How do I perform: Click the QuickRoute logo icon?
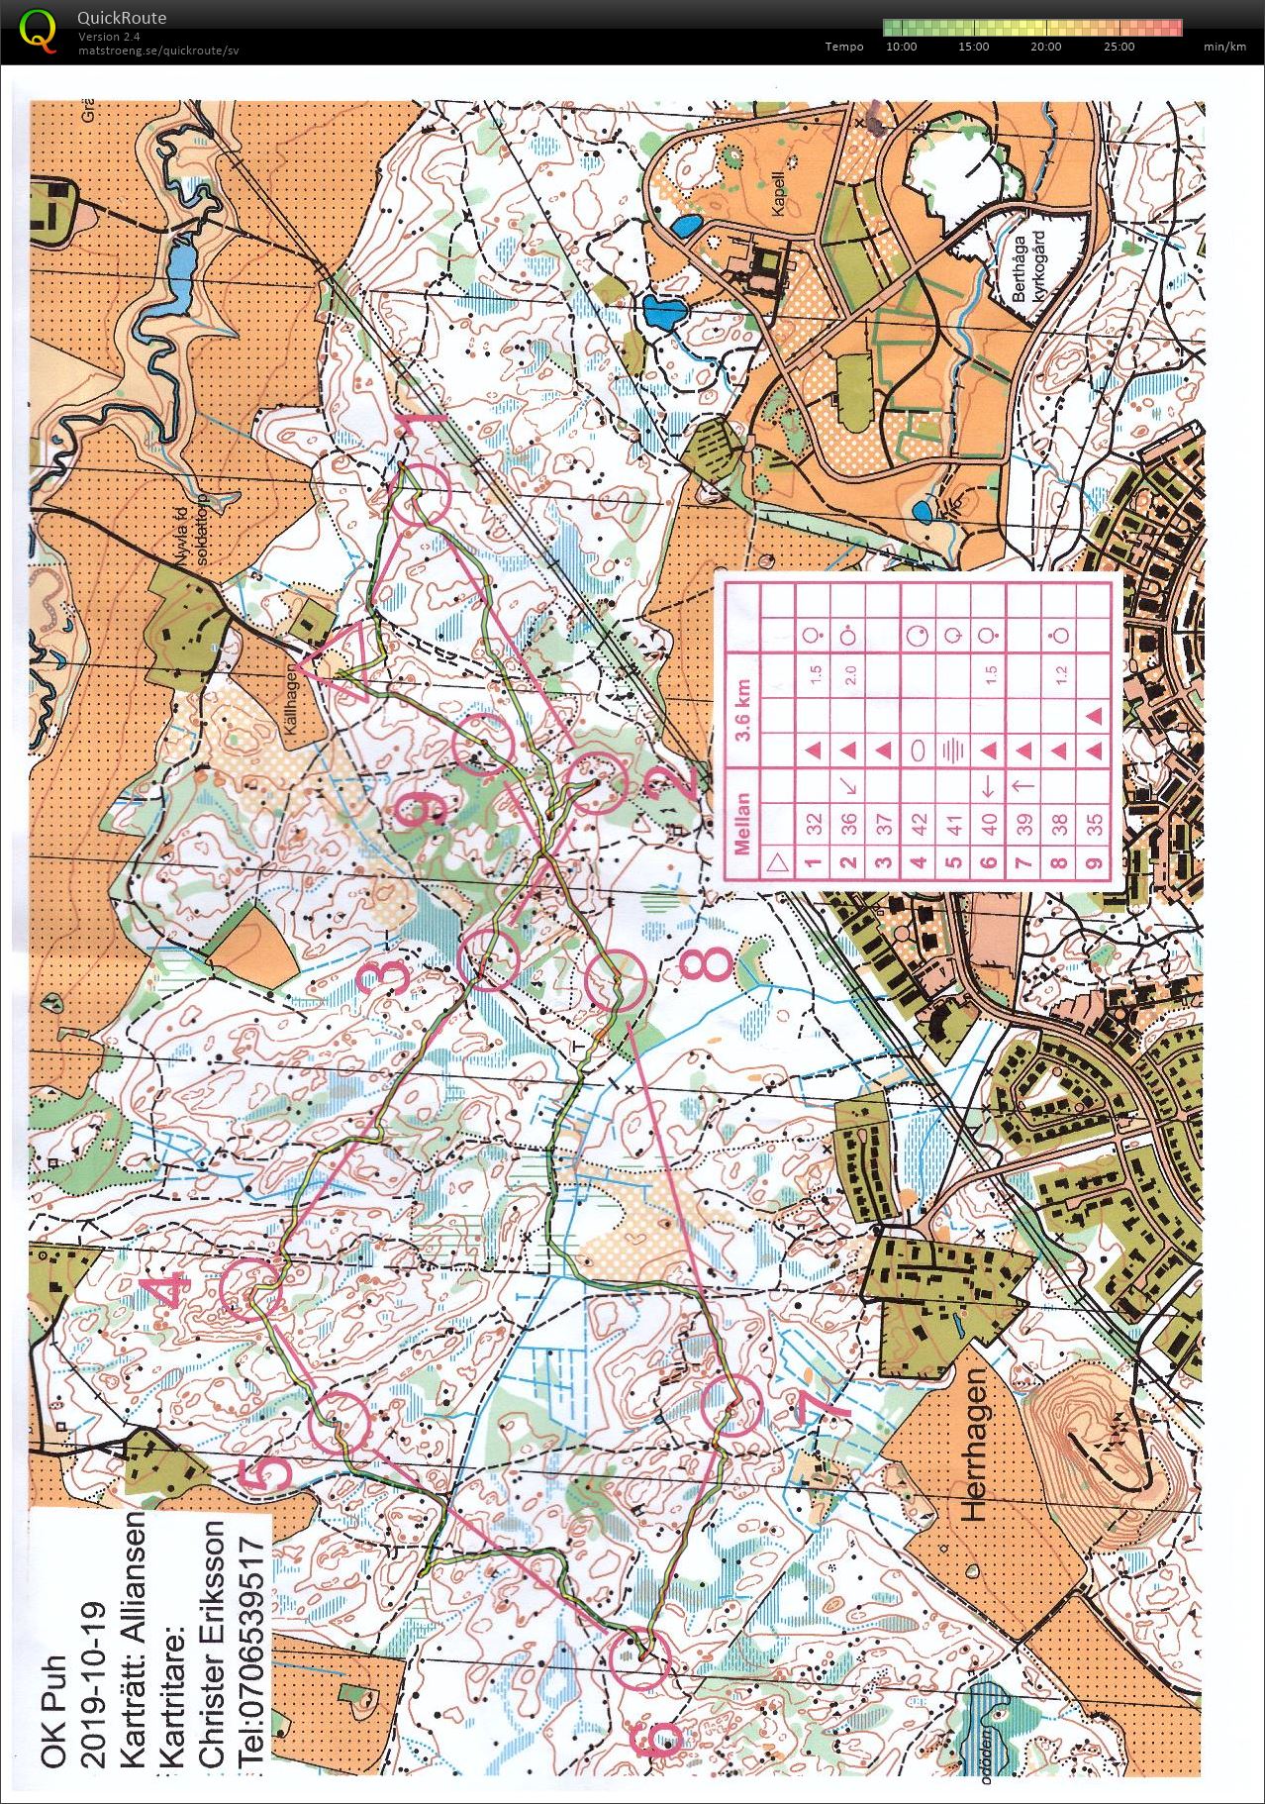tap(37, 29)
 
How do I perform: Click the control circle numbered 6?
tap(638, 1658)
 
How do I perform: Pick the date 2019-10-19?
tap(95, 1682)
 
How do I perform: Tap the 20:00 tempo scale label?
tap(1045, 47)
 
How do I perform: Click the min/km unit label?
tap(1223, 47)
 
